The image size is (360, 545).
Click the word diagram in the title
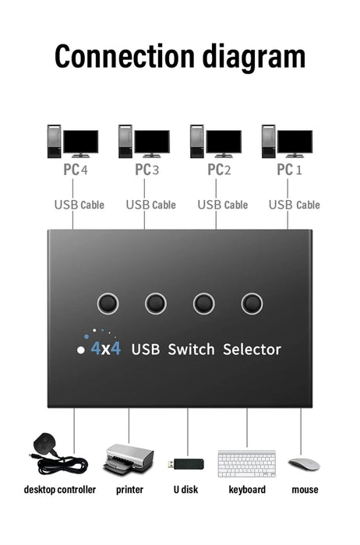[250, 58]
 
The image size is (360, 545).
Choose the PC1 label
[287, 169]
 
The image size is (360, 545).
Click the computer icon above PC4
[72, 141]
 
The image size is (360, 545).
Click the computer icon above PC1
[287, 141]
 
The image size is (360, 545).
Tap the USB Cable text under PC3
[150, 205]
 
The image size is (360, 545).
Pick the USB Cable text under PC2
[222, 205]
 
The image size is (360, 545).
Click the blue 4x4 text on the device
[105, 349]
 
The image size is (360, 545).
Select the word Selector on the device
[252, 350]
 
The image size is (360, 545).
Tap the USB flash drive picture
[185, 464]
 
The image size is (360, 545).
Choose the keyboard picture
[246, 463]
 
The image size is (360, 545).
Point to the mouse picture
[304, 464]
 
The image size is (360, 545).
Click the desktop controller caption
[60, 490]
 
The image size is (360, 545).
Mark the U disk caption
[185, 490]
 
